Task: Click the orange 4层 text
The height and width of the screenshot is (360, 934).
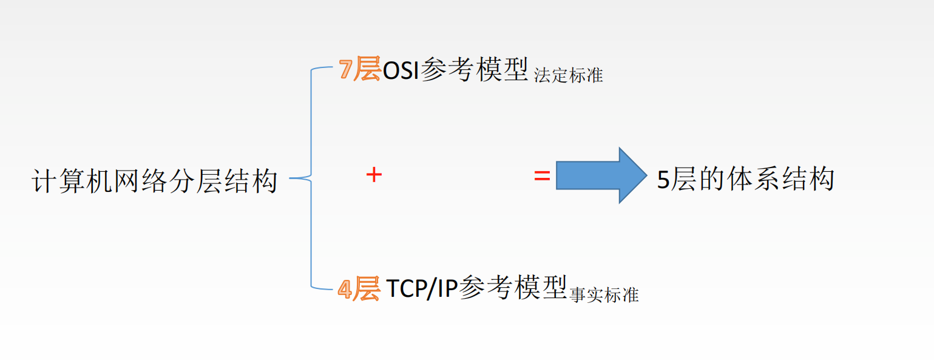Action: point(359,290)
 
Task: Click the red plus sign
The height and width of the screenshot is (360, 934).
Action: point(374,175)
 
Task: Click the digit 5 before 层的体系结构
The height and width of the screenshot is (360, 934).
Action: point(663,181)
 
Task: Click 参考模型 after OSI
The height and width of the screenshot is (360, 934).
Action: point(473,70)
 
